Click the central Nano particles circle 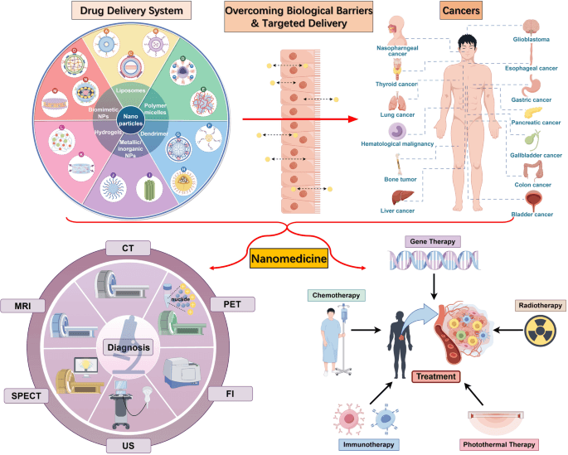click(129, 120)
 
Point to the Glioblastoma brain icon click(531, 25)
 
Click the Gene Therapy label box click(432, 241)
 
